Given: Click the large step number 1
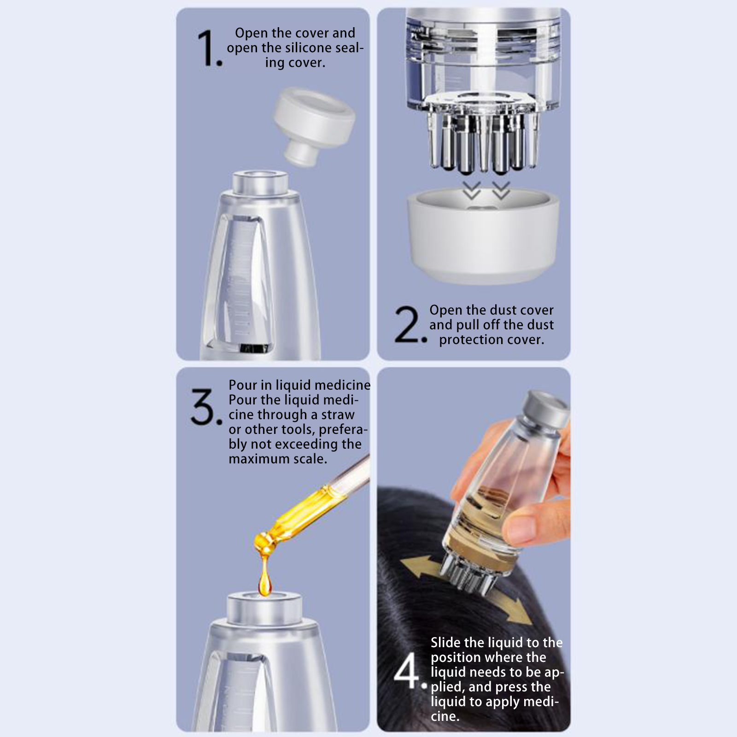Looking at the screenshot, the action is [208, 48].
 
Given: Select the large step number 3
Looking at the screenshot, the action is [206, 407].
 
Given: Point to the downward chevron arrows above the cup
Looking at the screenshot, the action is [486, 190].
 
